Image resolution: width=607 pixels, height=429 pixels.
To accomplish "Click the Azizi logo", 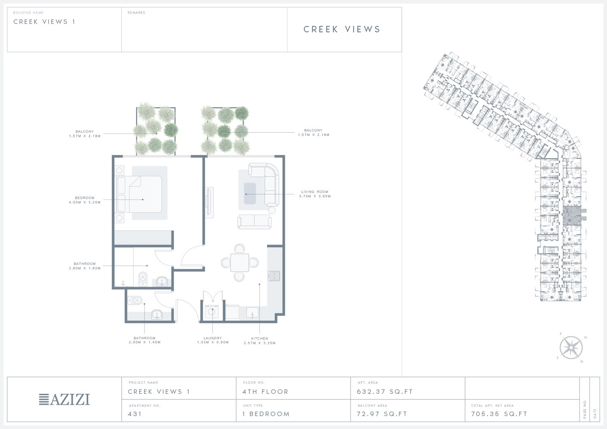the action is click(x=64, y=399).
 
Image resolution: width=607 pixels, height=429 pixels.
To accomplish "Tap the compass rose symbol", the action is click(x=571, y=347).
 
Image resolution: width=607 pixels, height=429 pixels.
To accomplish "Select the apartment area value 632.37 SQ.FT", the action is click(x=384, y=392).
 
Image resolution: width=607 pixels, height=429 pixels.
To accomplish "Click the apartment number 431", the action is click(x=135, y=414).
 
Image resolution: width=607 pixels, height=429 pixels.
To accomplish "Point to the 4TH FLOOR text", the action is click(x=265, y=392).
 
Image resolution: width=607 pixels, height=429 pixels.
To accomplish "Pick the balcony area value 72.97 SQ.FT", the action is click(x=382, y=414).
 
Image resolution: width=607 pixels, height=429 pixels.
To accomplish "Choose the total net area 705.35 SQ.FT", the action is click(x=499, y=414).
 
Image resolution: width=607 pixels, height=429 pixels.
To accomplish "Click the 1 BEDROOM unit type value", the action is click(x=266, y=414).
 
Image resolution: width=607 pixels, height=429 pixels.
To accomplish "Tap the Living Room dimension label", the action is click(x=314, y=194).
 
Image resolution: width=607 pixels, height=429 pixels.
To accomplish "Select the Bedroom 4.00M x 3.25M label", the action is click(x=85, y=200).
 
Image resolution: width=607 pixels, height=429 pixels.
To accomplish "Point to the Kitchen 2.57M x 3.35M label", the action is click(x=260, y=341).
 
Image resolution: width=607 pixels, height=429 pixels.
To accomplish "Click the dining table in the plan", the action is click(x=240, y=262).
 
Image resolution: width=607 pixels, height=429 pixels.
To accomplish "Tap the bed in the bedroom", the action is click(x=139, y=194).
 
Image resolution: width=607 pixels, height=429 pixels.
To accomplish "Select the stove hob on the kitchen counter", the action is click(x=274, y=276).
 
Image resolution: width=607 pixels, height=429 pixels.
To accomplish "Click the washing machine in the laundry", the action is click(x=212, y=312).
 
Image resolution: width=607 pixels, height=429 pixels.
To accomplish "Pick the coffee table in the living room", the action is click(x=250, y=193).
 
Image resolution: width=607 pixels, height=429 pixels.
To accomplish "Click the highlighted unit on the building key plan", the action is click(x=572, y=216).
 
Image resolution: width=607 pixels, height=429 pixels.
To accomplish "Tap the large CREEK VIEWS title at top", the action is click(x=342, y=29).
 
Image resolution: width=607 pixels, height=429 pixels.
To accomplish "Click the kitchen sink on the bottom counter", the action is click(x=252, y=313).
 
